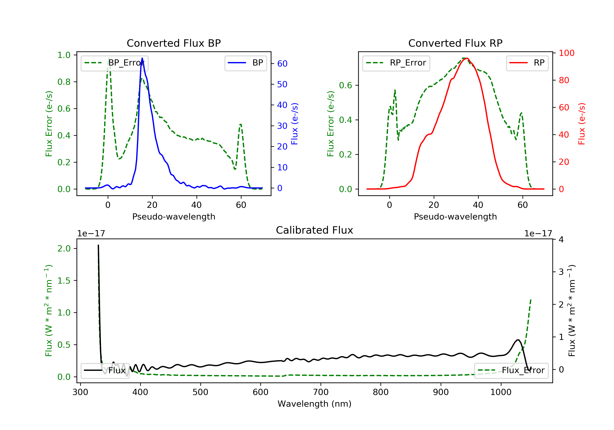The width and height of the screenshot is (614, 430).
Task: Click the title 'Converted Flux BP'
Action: click(174, 43)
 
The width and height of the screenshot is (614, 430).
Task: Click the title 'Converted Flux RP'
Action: click(455, 43)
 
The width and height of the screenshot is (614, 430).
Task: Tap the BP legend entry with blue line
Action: click(245, 63)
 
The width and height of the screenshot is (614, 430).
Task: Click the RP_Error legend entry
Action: click(396, 63)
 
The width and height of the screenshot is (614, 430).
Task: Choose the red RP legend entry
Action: click(527, 63)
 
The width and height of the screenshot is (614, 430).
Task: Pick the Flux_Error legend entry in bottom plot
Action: click(511, 370)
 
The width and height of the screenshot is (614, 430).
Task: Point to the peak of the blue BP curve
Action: click(142, 58)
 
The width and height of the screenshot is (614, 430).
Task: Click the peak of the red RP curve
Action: click(467, 58)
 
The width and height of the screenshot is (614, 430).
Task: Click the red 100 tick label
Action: click(566, 53)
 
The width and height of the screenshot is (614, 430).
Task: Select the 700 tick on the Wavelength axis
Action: click(321, 392)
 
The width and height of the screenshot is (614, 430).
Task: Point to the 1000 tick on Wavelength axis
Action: click(501, 392)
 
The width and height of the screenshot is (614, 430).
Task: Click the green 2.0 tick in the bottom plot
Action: click(64, 249)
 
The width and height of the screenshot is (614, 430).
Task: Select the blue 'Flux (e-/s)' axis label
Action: click(295, 124)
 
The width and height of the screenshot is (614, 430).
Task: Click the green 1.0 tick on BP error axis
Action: click(64, 55)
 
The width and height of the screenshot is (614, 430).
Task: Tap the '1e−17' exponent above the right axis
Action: click(538, 234)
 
